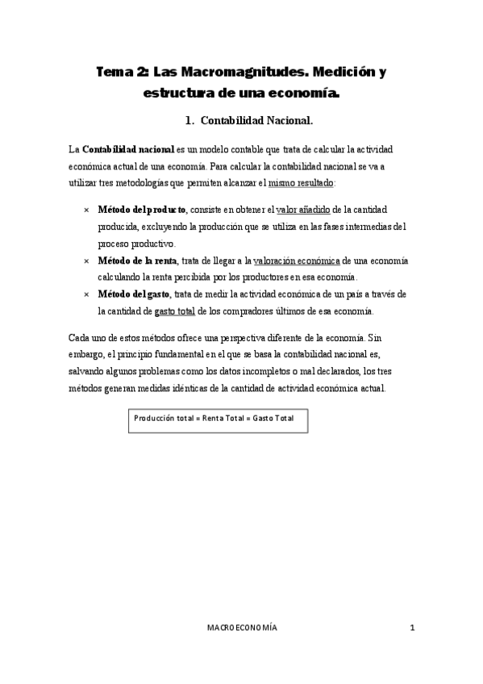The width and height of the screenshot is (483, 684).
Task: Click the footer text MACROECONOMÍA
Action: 242,628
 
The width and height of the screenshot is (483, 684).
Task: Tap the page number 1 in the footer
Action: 411,628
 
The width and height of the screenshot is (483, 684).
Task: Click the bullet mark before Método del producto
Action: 85,210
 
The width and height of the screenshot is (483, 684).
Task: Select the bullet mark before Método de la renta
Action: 85,261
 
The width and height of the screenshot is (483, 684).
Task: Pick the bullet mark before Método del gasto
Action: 85,294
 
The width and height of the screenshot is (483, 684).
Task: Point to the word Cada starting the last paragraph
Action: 80,336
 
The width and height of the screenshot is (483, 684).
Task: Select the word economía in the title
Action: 309,93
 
